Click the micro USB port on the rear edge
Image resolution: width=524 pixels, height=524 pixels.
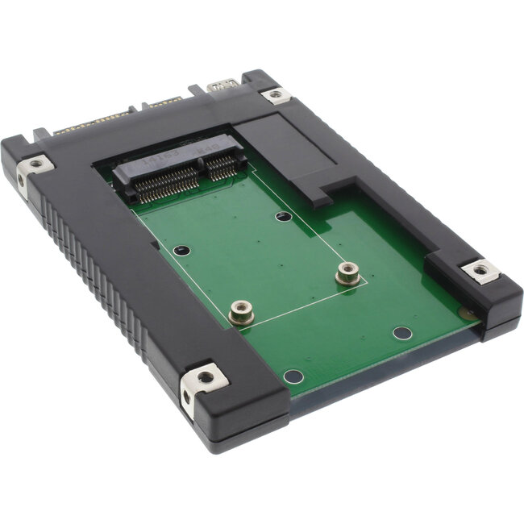click(219, 85)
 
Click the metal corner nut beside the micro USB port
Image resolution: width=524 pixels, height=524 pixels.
click(275, 95)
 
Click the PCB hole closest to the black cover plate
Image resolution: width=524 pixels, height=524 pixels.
click(282, 216)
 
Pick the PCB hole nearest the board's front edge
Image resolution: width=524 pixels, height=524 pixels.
click(294, 376)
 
